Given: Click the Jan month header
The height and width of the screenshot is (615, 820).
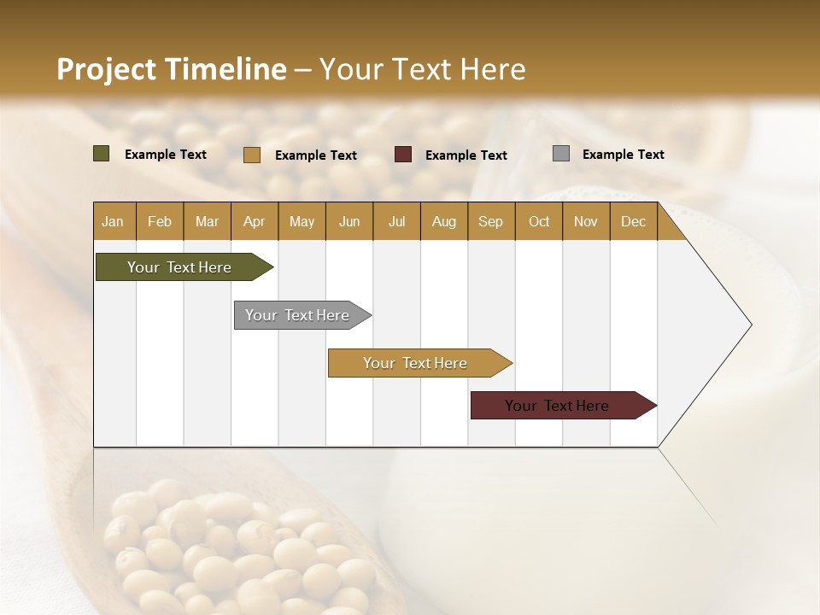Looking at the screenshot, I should [114, 221].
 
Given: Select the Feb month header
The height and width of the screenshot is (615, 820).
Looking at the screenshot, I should [160, 221].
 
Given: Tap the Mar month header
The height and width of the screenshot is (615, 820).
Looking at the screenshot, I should [207, 221].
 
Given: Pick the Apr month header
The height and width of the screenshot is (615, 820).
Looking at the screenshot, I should [255, 221].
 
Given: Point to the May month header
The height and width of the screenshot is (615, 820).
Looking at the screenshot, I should [302, 221].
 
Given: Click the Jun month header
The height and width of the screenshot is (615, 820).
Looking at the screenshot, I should [349, 221].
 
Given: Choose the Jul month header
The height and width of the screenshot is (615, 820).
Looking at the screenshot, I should [396, 221].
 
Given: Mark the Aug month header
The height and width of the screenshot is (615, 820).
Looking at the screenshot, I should [444, 221].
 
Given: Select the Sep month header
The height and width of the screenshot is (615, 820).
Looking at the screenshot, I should [491, 221].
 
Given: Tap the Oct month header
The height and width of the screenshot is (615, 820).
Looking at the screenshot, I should [539, 221].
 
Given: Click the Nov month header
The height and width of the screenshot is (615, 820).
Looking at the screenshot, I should [586, 221].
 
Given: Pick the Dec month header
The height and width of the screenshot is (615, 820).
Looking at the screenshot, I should [634, 221].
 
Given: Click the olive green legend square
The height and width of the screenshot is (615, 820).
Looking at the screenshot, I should [102, 154].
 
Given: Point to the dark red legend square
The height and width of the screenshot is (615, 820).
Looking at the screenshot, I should [403, 155].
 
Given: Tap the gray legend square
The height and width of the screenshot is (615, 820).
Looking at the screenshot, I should [561, 154].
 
